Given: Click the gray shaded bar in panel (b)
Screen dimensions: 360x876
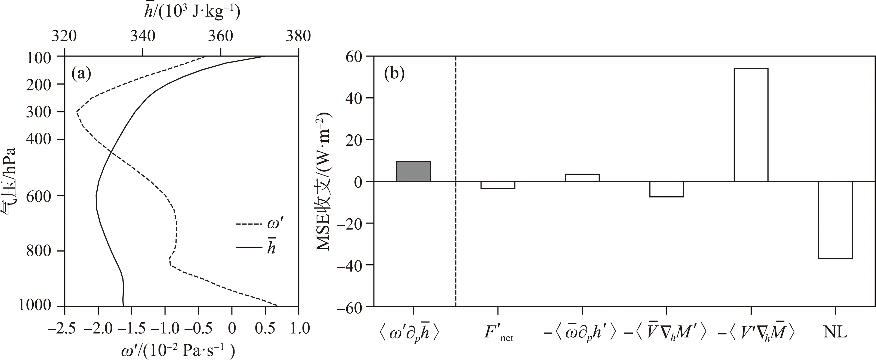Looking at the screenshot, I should tap(413, 171).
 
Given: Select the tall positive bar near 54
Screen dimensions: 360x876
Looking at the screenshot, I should tap(751, 125).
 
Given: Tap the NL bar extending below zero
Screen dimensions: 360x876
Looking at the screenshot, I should tap(835, 220).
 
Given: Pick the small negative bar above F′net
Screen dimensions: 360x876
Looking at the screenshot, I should tap(498, 185).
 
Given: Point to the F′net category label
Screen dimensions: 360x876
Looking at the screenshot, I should tap(498, 333).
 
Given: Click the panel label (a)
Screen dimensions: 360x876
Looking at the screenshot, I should tap(81, 73).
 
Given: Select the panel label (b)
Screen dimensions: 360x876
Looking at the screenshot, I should tap(394, 73).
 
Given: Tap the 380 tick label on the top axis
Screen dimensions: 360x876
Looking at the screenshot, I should tap(298, 36).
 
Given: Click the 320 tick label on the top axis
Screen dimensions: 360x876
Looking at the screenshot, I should tap(64, 36).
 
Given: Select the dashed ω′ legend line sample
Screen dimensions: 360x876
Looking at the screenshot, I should tap(248, 224).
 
